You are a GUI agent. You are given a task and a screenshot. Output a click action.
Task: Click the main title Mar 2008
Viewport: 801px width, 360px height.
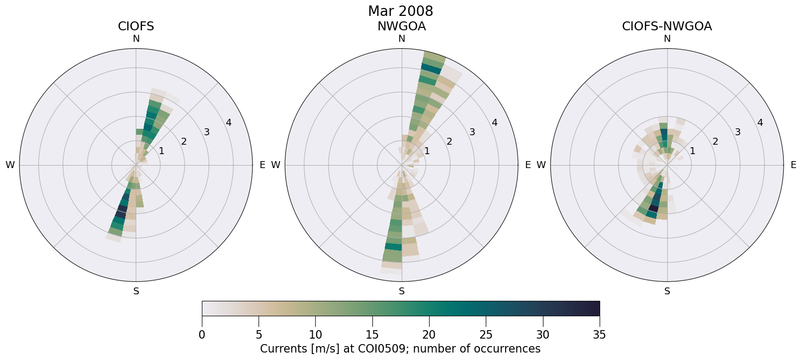point(400,11)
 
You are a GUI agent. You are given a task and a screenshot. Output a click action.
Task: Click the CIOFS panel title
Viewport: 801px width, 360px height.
point(136,26)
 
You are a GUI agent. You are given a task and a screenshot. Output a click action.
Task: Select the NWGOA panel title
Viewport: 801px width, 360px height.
point(401,26)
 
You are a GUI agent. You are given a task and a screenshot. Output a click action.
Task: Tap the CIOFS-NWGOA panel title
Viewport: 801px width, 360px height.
point(667,26)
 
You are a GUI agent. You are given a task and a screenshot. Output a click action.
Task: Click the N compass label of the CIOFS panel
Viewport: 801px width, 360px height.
point(136,39)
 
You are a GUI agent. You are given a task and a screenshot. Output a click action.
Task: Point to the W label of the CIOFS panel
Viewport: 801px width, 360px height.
point(10,165)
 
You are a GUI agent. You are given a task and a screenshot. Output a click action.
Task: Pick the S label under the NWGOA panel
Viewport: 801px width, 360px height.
point(401,291)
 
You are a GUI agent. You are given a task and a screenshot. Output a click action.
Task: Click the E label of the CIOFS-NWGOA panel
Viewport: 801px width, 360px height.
point(793,165)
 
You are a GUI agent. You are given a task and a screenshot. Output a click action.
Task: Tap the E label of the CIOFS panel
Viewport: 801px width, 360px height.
point(262,165)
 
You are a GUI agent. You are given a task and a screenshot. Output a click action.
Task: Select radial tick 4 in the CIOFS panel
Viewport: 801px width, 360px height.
point(228,122)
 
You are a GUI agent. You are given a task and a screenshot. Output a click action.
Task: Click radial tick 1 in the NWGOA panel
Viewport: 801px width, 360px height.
point(427,151)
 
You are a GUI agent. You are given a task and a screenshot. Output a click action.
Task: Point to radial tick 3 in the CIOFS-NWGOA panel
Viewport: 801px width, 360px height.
point(737,132)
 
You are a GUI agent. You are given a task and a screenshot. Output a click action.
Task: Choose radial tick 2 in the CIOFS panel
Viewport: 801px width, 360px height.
point(183,142)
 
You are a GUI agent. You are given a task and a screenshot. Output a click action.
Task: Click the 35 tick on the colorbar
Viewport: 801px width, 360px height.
point(599,335)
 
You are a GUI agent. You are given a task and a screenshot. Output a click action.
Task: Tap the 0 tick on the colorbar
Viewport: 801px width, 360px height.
point(202,335)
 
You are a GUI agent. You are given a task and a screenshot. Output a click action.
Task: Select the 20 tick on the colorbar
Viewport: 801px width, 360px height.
point(429,335)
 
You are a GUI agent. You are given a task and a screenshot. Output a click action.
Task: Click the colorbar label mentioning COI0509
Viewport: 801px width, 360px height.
point(400,349)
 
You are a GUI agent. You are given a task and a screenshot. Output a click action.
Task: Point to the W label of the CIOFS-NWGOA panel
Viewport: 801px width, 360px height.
point(541,165)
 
